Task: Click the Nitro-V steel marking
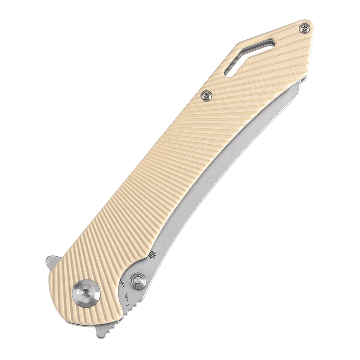tap(131, 300)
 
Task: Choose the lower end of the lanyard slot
tap(229, 73)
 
